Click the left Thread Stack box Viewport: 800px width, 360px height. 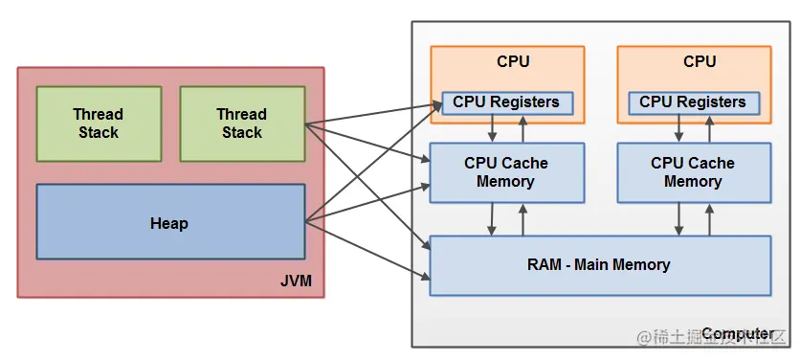point(99,124)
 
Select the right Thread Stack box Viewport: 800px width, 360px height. point(242,124)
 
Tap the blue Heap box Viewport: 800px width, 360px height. point(169,223)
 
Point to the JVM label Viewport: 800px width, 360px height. point(298,281)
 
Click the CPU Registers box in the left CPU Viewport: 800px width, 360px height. point(506,101)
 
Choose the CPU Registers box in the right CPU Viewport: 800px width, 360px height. point(693,101)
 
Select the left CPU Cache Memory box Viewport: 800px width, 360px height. point(505,172)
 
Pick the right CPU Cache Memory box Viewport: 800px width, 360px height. point(693,172)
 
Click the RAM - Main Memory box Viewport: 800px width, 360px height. point(599,264)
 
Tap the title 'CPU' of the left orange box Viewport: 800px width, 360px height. point(513,61)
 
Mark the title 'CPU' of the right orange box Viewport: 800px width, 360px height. point(700,61)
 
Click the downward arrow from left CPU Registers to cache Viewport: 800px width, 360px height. point(492,128)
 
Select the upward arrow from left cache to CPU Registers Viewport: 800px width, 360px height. point(522,128)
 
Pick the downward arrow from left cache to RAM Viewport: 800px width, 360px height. point(492,218)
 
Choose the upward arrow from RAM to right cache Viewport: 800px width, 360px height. point(709,218)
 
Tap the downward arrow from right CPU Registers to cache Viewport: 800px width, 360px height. point(678,128)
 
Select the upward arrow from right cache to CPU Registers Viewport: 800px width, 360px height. point(709,128)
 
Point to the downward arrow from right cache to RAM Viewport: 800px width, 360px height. point(678,218)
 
